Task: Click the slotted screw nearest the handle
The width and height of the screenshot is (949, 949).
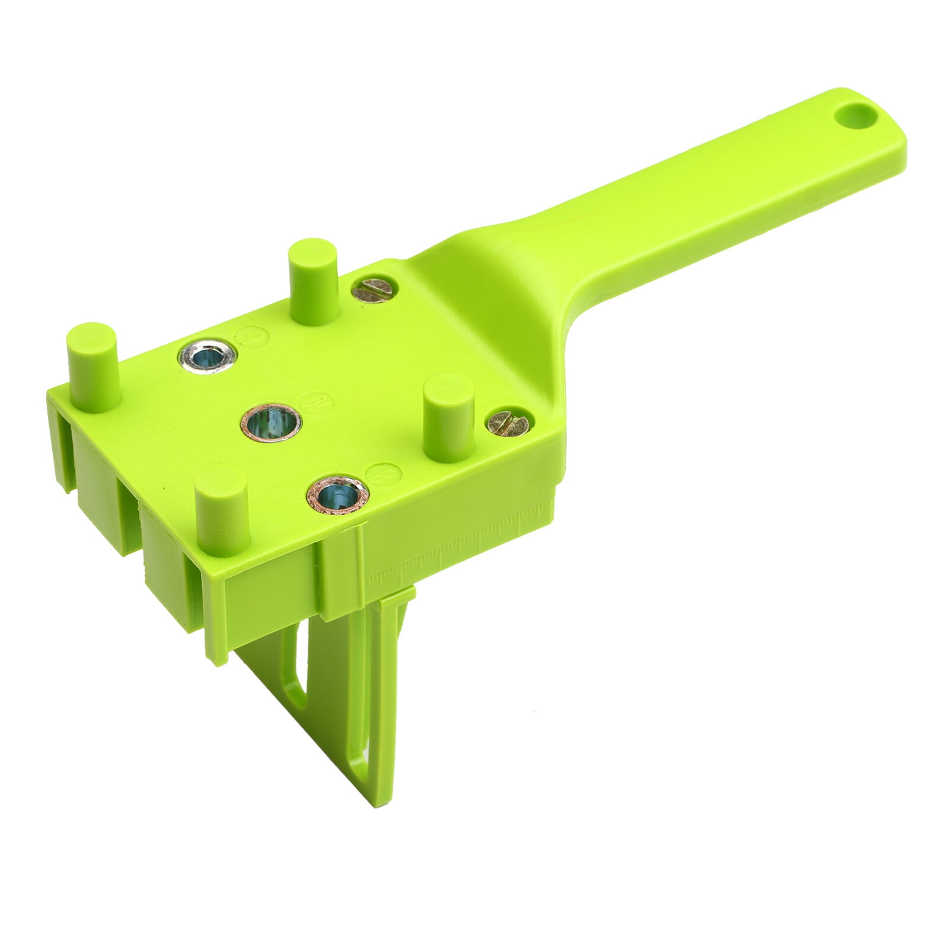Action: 372,290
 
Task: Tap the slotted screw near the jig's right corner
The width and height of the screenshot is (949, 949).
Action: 507,423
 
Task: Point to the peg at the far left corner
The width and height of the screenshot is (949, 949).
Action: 94,366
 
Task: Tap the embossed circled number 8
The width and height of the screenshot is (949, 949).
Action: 384,474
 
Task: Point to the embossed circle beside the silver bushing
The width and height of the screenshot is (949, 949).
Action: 252,338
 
